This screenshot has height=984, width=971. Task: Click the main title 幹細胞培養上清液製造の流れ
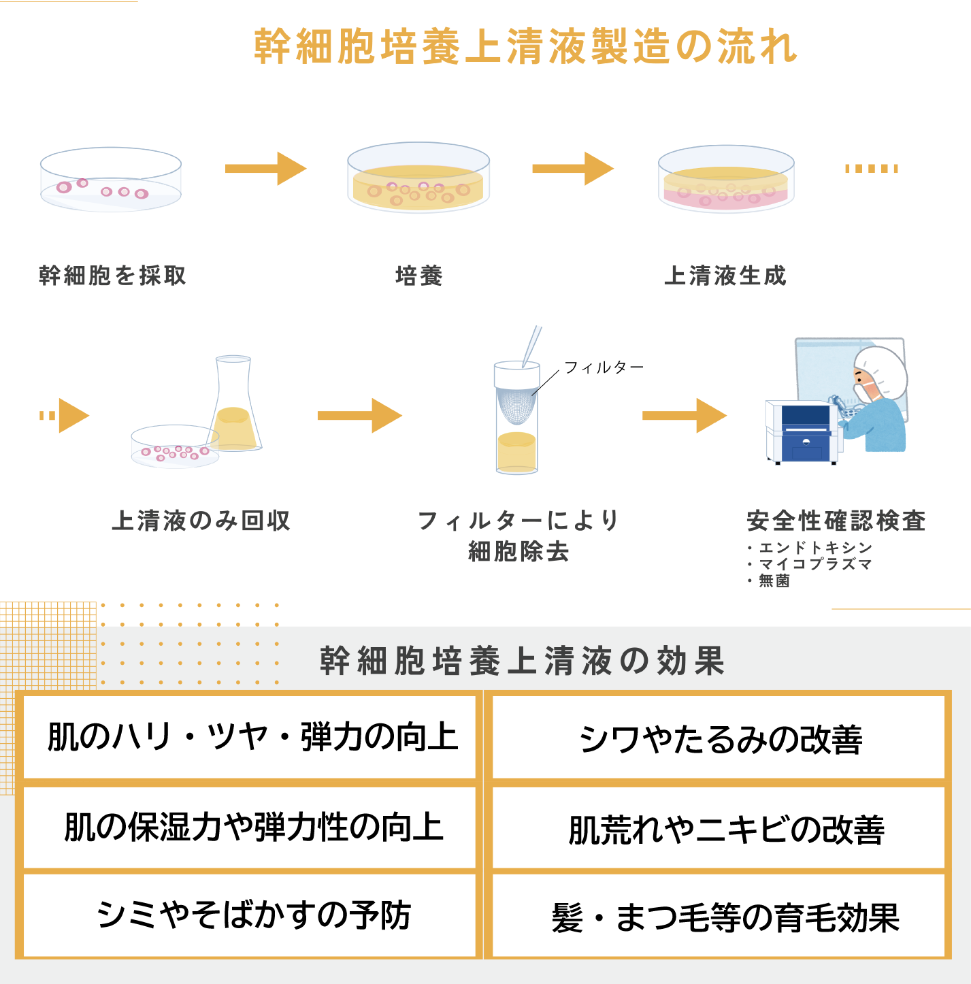point(525,47)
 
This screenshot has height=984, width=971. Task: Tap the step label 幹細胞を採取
point(112,276)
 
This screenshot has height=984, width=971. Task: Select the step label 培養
point(419,276)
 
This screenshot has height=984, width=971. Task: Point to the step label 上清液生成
point(725,276)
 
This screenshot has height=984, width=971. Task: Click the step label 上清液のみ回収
point(201,521)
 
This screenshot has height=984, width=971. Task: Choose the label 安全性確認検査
point(836,521)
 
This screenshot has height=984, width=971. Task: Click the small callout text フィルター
point(604,367)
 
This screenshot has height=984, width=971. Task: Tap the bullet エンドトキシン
point(815,548)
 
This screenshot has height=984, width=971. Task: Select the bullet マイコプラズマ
point(815,564)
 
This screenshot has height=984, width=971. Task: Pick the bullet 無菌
point(774,580)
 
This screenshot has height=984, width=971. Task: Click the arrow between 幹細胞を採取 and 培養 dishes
point(266,169)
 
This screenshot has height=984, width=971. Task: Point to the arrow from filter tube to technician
point(685,416)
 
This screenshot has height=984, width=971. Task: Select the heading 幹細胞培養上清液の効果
point(523,661)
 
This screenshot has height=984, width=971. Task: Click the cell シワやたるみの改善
point(720,739)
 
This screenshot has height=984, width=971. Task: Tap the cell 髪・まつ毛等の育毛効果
point(725,917)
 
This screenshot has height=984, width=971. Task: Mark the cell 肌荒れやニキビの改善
point(725,829)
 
